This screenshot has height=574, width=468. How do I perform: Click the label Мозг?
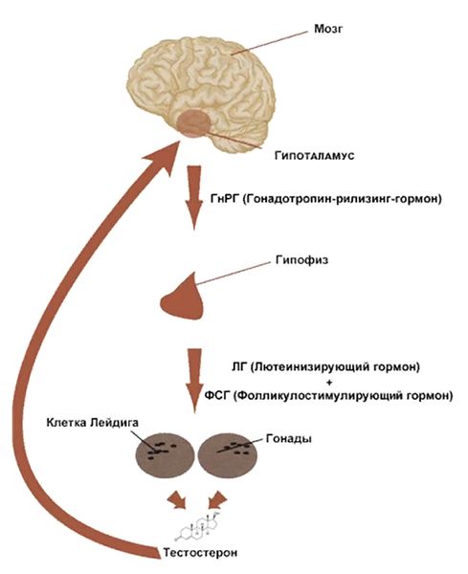point(328,30)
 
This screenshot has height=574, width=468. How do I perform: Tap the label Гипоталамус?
point(314,156)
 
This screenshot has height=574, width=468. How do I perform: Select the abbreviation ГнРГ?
point(225,199)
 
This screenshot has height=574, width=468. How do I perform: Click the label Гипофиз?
point(301,260)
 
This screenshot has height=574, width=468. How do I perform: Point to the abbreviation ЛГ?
point(239,367)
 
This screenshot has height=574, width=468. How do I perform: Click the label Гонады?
point(289,438)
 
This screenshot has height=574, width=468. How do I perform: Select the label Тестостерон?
point(200,553)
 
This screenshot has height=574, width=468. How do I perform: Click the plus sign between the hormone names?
point(329,382)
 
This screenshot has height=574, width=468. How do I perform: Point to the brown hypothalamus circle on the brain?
point(193,123)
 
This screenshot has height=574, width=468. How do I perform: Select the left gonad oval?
point(166,455)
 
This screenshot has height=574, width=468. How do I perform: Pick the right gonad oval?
point(227,455)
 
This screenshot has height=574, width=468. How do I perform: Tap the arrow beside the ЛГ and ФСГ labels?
point(194,381)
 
